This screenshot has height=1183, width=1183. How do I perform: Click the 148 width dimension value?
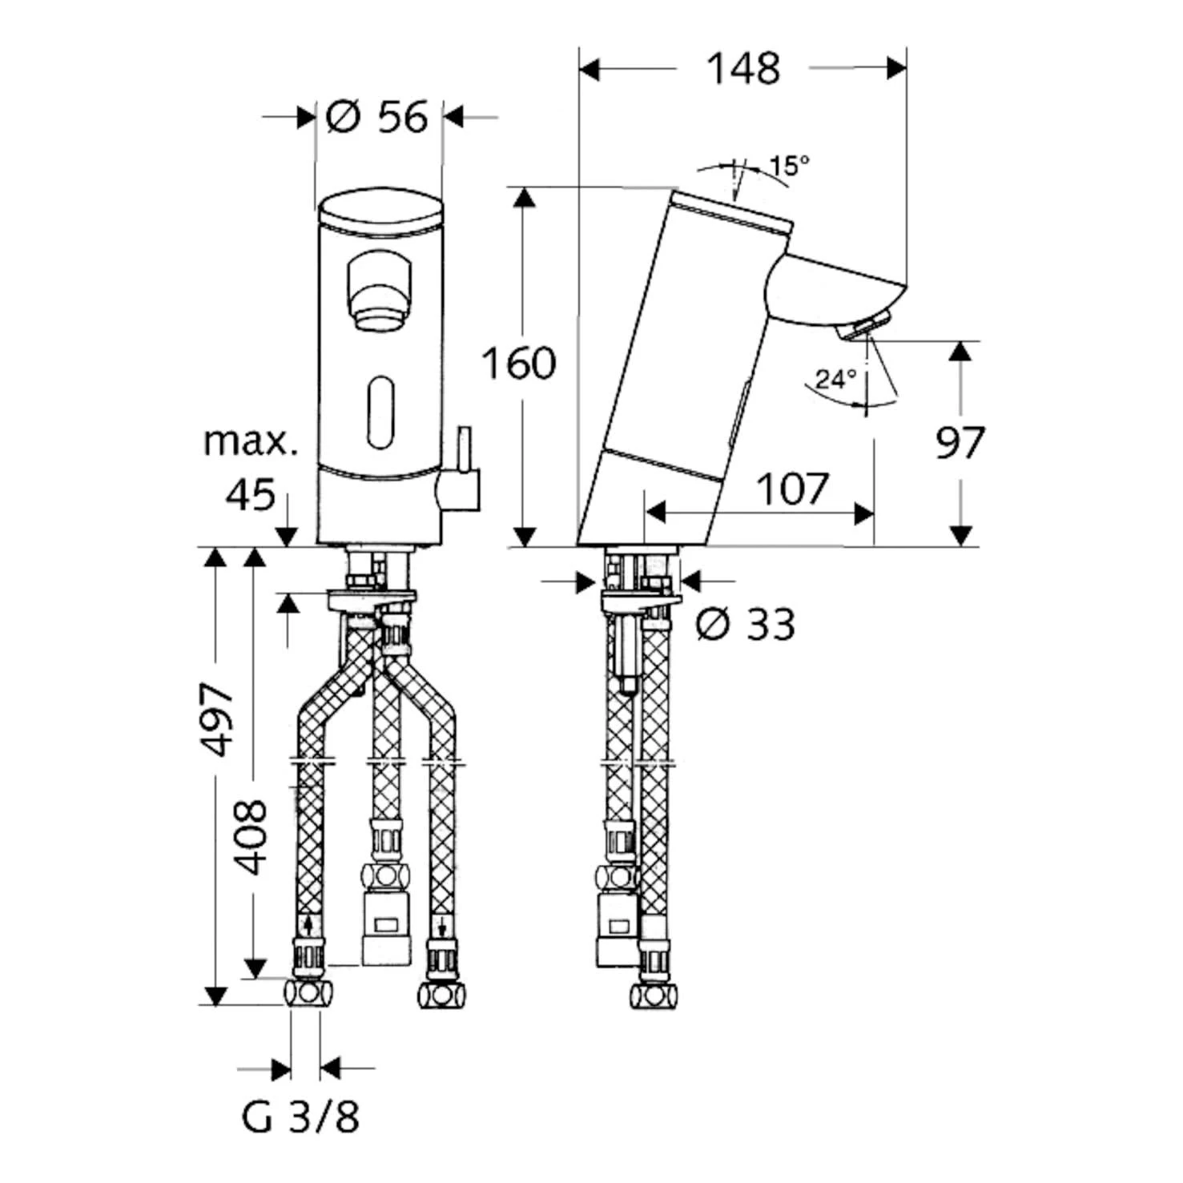coord(742,69)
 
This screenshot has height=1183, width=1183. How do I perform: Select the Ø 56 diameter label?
coord(377,118)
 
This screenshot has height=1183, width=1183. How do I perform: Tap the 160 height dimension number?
coord(518,364)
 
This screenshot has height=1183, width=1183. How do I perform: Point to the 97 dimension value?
coord(960,443)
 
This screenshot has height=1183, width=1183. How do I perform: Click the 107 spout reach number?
coord(792,489)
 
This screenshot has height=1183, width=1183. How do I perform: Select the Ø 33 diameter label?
coord(745,625)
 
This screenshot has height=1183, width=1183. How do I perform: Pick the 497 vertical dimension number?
coord(216,718)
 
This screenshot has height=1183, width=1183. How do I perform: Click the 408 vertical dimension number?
coord(251,836)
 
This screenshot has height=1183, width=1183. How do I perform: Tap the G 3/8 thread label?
coord(300,1117)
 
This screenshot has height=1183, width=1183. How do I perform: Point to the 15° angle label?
coord(789,166)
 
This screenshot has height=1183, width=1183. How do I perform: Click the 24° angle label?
coord(835,378)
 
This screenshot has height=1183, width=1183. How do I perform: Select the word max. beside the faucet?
coord(250,441)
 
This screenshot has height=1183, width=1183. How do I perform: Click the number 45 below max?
coord(250,495)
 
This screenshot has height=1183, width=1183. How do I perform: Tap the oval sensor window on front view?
coord(380,413)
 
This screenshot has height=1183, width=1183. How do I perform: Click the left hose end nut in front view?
coord(308,994)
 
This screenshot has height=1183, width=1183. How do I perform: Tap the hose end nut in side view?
coord(653,996)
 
